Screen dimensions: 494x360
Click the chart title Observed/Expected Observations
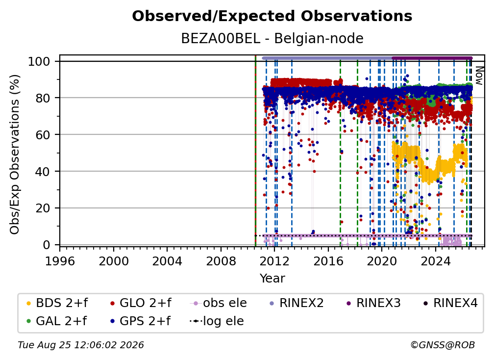pos(272,16)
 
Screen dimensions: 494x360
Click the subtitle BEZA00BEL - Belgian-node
pos(272,38)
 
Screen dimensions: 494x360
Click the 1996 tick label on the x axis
pos(60,261)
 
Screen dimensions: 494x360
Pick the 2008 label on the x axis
pos(221,261)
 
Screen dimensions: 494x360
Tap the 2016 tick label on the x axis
pos(328,261)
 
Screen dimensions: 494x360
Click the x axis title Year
pos(272,279)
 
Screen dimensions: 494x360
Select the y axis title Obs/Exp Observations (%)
pos(15,154)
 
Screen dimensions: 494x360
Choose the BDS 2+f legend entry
pos(57,303)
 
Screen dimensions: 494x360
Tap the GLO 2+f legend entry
pos(141,303)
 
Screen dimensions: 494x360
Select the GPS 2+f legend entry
pos(140,321)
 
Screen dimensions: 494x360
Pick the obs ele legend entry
pos(219,303)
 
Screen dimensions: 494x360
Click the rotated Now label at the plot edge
pos(479,76)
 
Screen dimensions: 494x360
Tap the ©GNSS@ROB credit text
pos(443,345)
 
